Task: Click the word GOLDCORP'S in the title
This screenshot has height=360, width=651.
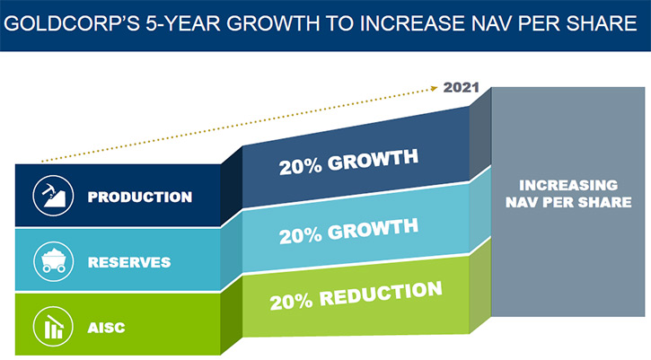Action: click(x=72, y=23)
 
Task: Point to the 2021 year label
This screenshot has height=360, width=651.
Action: click(x=462, y=88)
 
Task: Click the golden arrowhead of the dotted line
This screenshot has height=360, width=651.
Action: click(x=435, y=88)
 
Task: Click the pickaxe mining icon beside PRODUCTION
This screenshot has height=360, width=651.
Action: click(x=53, y=196)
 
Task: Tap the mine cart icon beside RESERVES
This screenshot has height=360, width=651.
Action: click(x=53, y=261)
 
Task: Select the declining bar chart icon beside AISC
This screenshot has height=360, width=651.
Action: click(x=53, y=327)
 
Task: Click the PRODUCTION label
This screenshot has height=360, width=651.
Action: click(x=140, y=197)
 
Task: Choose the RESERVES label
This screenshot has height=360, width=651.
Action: click(x=129, y=262)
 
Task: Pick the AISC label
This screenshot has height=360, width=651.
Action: click(x=106, y=328)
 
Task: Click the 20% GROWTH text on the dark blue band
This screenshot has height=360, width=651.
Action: click(x=348, y=162)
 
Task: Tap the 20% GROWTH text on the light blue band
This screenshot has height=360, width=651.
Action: click(x=348, y=232)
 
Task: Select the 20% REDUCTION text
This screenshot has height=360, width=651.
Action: click(x=356, y=295)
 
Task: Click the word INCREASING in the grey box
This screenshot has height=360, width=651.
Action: click(x=568, y=185)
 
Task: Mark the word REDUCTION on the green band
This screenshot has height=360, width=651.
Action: click(x=381, y=294)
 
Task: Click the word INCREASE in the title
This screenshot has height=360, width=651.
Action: click(x=412, y=23)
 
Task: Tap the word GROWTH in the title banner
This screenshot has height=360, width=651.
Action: click(x=273, y=23)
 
